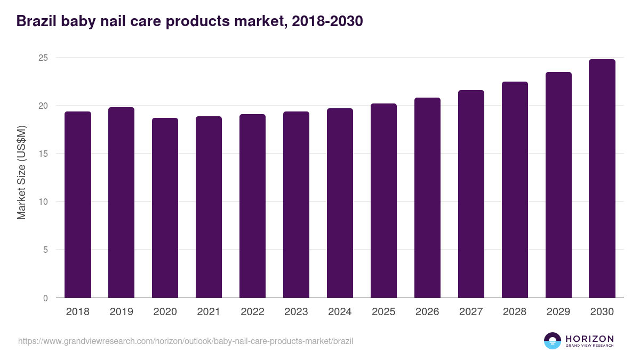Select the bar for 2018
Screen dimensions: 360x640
point(78,205)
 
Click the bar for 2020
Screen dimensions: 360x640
point(165,208)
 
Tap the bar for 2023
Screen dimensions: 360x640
point(297,205)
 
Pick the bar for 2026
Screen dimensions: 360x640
point(428,198)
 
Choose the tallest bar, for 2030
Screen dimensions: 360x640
point(602,179)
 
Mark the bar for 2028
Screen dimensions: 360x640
point(515,190)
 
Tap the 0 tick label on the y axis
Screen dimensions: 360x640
point(46,298)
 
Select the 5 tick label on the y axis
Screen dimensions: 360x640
point(46,250)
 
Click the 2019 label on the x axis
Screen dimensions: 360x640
point(122,312)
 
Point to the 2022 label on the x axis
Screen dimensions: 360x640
point(253,312)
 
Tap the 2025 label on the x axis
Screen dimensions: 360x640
point(384,312)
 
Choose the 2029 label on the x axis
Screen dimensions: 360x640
point(558,312)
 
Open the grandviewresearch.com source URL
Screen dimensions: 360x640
point(186,341)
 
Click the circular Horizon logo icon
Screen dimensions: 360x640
point(553,341)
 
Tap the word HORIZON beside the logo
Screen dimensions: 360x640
point(589,338)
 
